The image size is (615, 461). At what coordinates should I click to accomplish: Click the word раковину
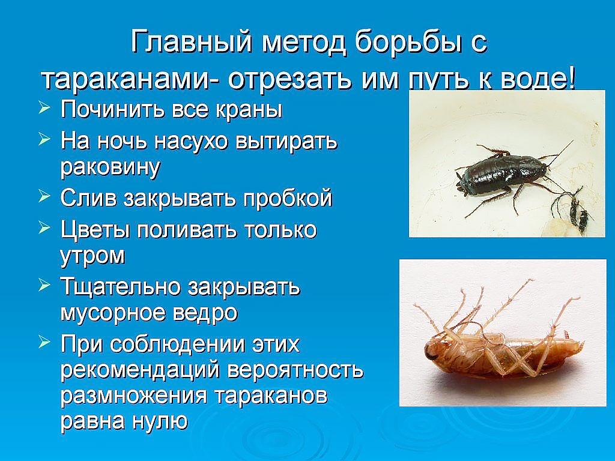tap(111, 167)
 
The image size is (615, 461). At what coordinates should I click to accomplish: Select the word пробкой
tap(288, 198)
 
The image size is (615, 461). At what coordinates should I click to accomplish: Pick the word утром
tap(92, 256)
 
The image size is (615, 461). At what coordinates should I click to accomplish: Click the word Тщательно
tap(121, 288)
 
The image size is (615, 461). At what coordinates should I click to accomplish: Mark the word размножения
tap(133, 396)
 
